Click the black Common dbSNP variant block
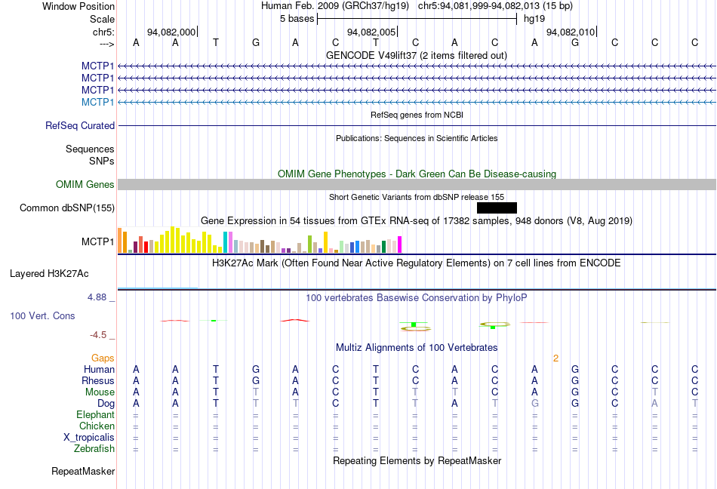point(497,208)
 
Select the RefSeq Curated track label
point(80,126)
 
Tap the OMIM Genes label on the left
point(85,185)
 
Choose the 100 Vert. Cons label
point(42,315)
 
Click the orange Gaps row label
point(103,358)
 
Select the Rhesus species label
point(98,381)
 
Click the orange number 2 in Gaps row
point(555,358)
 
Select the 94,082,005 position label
point(371,32)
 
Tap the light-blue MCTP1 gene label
point(98,102)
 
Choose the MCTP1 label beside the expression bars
point(98,242)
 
